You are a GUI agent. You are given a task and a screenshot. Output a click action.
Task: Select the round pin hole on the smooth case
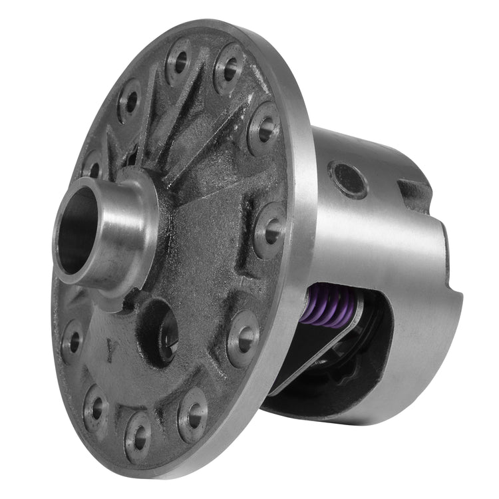[349, 180]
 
